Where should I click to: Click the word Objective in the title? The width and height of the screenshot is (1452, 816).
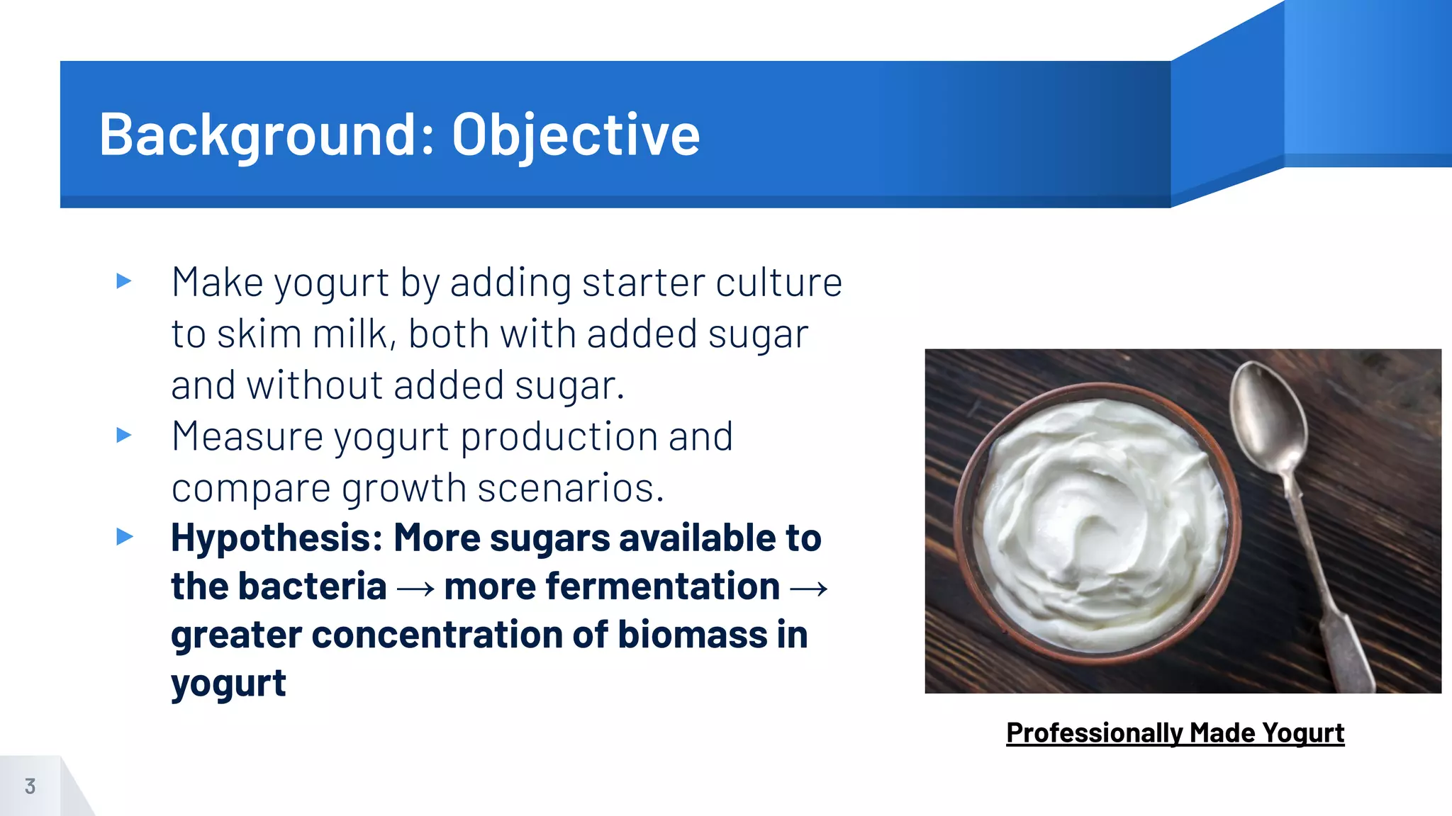[x=576, y=135]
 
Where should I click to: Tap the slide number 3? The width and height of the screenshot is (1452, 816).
[x=30, y=786]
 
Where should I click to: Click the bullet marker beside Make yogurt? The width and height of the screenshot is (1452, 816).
[x=124, y=281]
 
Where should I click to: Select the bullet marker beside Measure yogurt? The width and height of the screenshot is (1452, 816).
[x=124, y=435]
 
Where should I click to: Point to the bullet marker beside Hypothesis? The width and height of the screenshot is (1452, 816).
[x=124, y=536]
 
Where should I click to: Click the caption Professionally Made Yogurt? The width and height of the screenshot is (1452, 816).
[x=1175, y=732]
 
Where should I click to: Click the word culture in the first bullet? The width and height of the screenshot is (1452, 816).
[x=778, y=283]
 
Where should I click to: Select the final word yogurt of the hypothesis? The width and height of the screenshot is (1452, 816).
[x=228, y=684]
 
